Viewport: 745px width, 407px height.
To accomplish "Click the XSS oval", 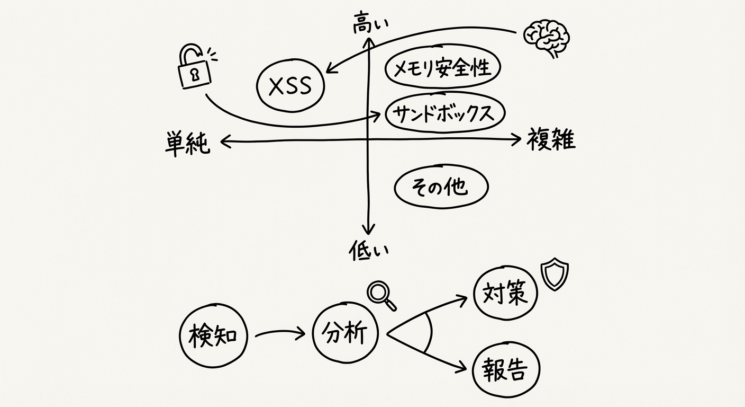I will (290, 85).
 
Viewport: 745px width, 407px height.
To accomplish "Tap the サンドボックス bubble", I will (444, 113).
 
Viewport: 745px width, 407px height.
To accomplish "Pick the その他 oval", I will (441, 187).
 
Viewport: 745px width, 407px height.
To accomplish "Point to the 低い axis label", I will (368, 249).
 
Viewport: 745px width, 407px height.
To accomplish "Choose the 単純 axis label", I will (187, 142).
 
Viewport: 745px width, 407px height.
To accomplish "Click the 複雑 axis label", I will (551, 140).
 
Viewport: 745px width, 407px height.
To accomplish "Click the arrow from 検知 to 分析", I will (280, 334).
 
